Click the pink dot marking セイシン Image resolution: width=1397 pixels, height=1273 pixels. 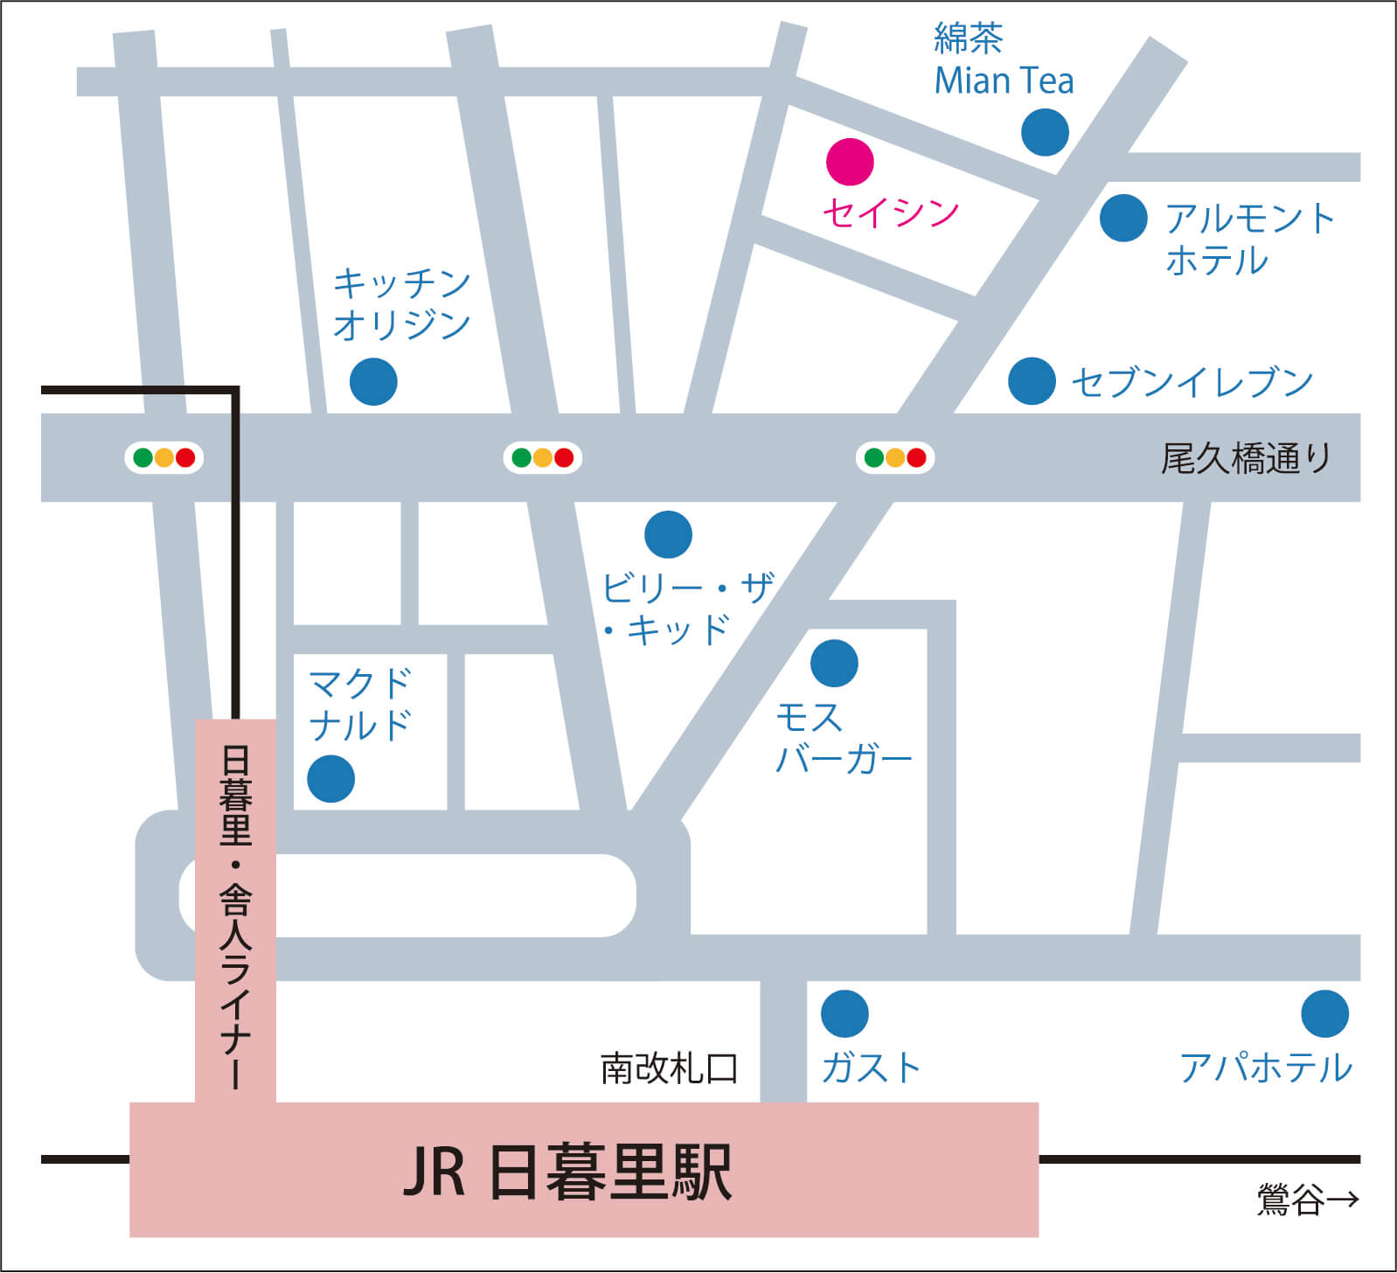[850, 162]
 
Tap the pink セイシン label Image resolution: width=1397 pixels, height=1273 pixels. [891, 212]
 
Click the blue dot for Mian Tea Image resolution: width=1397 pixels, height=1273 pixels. [1045, 133]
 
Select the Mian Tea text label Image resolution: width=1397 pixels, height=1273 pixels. [1004, 80]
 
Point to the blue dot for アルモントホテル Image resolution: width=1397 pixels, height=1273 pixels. [1123, 218]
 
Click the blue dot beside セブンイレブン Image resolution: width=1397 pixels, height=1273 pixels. [1032, 381]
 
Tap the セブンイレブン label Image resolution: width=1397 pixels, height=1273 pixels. [1192, 382]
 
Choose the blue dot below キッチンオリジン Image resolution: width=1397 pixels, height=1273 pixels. [373, 381]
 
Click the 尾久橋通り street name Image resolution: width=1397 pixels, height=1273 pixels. [1245, 458]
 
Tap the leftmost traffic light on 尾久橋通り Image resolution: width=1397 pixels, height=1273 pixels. [164, 457]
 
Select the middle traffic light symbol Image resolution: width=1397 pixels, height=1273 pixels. [543, 457]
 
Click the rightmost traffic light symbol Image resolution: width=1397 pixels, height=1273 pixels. [895, 457]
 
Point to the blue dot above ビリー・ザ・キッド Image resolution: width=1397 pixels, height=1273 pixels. [668, 534]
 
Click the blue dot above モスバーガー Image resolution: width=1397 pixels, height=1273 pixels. [834, 663]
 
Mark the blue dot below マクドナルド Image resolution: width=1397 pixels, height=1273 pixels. [330, 778]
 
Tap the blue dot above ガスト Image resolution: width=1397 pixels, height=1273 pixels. [844, 1014]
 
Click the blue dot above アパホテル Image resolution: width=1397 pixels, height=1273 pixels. [1324, 1014]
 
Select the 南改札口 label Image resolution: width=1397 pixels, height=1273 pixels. [670, 1068]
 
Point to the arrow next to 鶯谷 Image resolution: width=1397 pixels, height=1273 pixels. [1342, 1199]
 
